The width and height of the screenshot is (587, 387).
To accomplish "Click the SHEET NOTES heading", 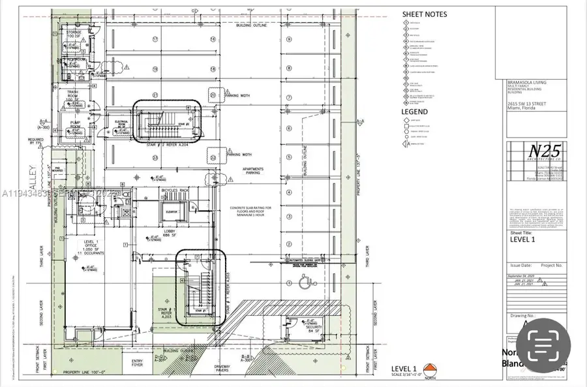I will pyautogui.click(x=425, y=14).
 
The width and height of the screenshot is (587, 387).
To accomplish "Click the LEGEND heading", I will pyautogui.click(x=414, y=112).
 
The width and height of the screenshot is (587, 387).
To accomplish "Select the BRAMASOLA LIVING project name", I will pyautogui.click(x=527, y=83).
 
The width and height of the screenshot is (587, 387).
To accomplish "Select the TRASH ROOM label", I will pyautogui.click(x=72, y=95).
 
